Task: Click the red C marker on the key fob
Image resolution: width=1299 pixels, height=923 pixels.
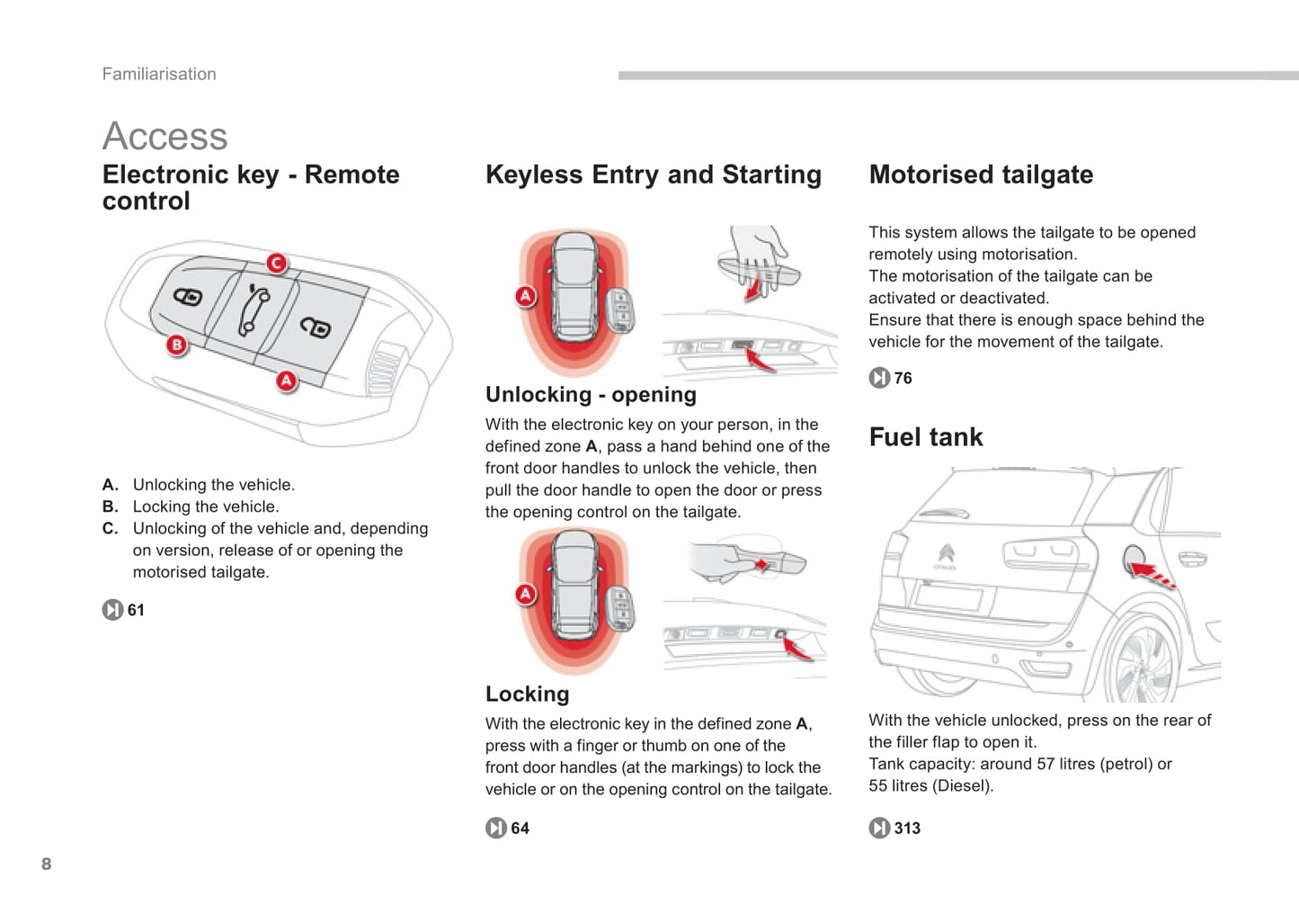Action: [276, 263]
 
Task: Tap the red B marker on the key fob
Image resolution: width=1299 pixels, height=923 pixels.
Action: [177, 345]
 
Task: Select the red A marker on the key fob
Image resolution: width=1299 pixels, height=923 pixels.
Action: [286, 381]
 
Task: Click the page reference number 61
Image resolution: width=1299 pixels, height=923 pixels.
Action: [136, 610]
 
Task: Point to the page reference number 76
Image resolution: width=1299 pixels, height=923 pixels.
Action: [903, 378]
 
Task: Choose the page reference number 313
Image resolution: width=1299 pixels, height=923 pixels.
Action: [906, 828]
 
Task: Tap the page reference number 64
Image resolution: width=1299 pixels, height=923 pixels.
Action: [520, 828]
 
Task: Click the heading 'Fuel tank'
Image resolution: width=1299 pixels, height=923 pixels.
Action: [925, 437]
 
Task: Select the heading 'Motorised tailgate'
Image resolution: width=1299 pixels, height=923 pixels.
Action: [981, 175]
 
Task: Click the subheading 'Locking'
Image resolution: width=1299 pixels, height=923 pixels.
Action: [527, 694]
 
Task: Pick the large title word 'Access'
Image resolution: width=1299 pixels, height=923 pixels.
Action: [165, 136]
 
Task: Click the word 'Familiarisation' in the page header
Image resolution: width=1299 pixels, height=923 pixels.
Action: [159, 74]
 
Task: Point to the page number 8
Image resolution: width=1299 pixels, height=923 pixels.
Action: [47, 864]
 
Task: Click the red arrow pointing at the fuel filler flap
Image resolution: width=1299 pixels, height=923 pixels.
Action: [1150, 572]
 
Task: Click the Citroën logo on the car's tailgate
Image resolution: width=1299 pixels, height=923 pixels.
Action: [946, 553]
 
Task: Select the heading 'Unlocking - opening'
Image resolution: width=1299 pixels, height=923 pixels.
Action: [591, 394]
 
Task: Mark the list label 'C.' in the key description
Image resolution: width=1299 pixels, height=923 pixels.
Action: [110, 528]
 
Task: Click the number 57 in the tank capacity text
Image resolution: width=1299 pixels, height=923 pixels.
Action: [1045, 764]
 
